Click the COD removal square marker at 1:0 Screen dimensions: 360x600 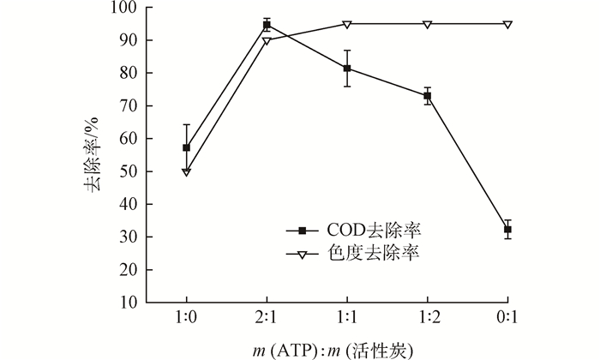click(x=186, y=147)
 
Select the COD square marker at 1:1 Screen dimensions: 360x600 click(x=347, y=69)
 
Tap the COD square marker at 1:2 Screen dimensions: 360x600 click(x=428, y=96)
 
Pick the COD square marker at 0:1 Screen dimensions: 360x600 click(x=507, y=230)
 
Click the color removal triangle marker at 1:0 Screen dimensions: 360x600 click(x=186, y=171)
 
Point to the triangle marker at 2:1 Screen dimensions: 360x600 click(x=267, y=40)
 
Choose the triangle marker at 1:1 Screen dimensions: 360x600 click(x=347, y=24)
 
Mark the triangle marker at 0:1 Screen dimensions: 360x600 click(x=507, y=24)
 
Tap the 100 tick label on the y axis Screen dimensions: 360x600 click(x=125, y=9)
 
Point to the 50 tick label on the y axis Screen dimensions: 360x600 click(x=129, y=171)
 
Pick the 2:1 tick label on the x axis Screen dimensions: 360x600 click(x=267, y=316)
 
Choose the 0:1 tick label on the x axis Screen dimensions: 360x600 click(x=507, y=316)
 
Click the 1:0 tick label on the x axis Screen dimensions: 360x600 click(x=186, y=316)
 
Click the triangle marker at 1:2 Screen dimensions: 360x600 click(x=428, y=24)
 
